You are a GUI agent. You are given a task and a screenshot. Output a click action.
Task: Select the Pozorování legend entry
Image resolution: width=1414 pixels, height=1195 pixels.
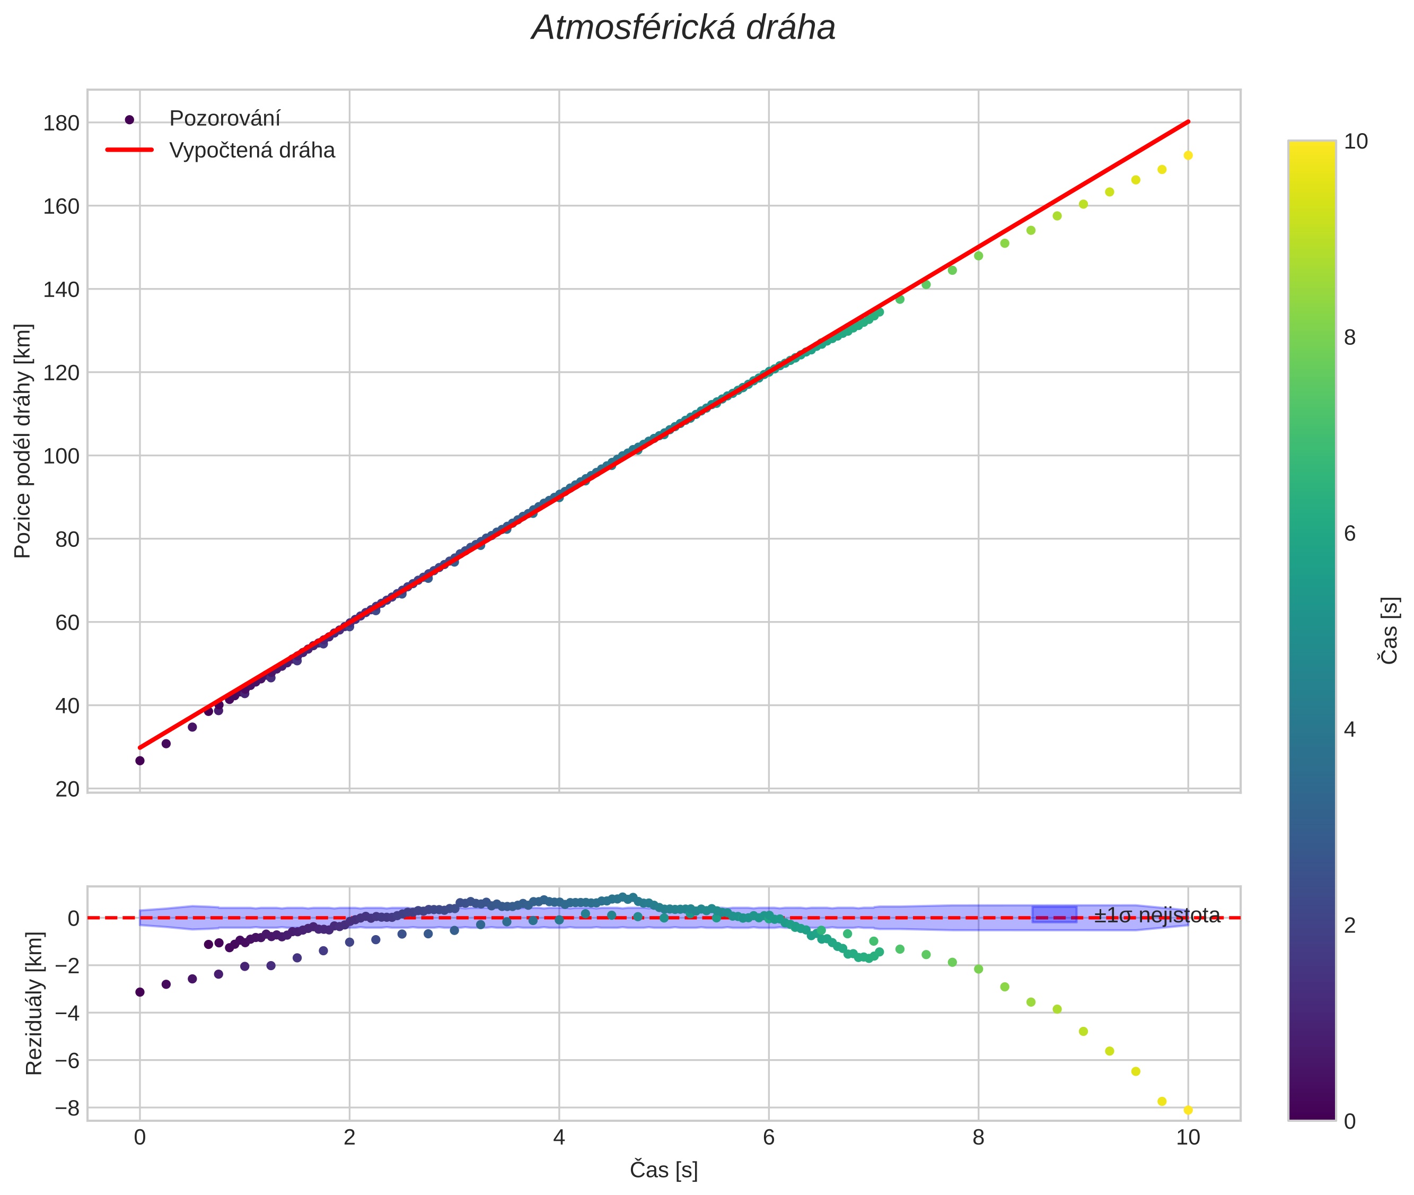click(224, 119)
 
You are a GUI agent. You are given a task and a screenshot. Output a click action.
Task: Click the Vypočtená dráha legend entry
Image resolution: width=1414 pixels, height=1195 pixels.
click(252, 151)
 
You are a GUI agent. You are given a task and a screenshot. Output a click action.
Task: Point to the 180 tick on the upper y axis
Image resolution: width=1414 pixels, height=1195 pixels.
click(61, 123)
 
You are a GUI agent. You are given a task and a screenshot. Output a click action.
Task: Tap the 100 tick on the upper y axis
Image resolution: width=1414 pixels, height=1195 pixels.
click(61, 456)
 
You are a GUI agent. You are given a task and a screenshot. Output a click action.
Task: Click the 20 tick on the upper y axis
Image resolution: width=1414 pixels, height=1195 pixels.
click(66, 789)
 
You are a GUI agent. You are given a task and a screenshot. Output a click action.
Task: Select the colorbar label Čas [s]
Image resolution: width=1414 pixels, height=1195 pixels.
click(1390, 630)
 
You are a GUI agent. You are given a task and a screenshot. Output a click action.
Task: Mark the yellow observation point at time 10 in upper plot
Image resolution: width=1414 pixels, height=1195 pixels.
click(1188, 155)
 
